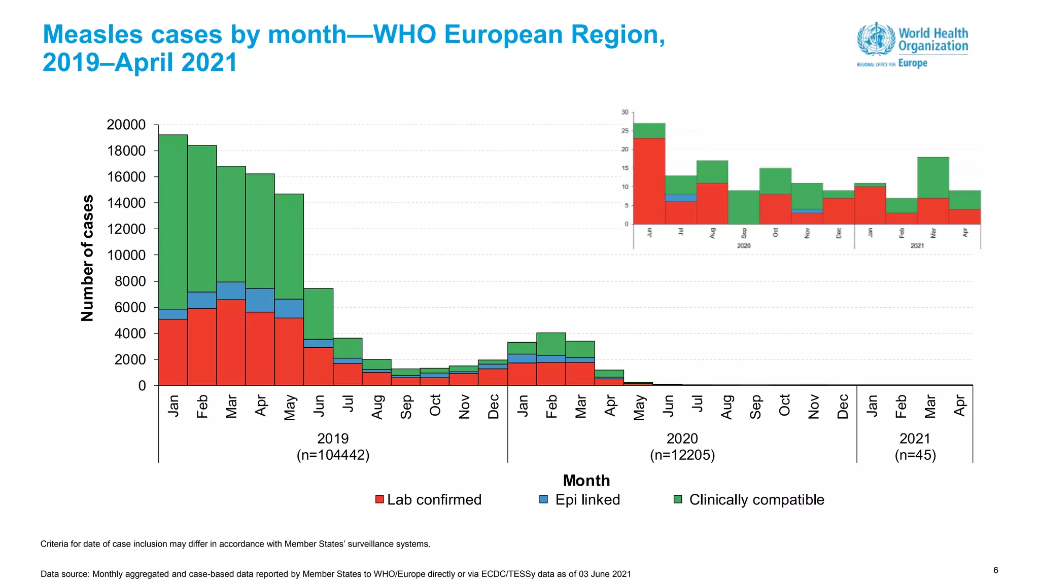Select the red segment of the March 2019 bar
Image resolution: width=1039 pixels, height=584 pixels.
click(x=231, y=342)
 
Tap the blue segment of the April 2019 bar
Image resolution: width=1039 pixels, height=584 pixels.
click(x=260, y=300)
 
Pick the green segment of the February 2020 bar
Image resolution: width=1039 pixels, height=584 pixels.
click(x=551, y=344)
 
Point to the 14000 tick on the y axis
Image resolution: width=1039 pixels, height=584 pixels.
click(x=126, y=203)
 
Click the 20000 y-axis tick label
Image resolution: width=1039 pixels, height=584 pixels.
click(x=126, y=125)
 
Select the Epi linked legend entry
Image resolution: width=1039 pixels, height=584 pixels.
click(x=579, y=499)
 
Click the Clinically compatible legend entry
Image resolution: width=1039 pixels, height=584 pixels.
click(x=749, y=499)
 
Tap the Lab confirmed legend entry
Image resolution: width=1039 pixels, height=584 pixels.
click(x=428, y=499)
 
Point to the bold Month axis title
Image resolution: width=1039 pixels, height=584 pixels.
click(x=586, y=480)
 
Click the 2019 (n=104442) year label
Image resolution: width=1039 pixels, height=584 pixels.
click(x=333, y=446)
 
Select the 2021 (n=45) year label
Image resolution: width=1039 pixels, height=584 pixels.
click(x=915, y=446)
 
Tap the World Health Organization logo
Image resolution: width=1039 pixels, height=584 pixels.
click(x=912, y=45)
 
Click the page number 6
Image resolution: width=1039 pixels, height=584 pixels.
click(x=995, y=570)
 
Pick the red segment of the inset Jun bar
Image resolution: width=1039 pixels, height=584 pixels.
click(x=649, y=181)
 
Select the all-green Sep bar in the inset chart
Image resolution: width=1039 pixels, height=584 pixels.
click(x=743, y=207)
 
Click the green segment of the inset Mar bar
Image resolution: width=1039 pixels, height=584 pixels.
click(x=932, y=177)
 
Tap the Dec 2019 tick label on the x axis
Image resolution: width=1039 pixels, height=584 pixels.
click(x=493, y=407)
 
